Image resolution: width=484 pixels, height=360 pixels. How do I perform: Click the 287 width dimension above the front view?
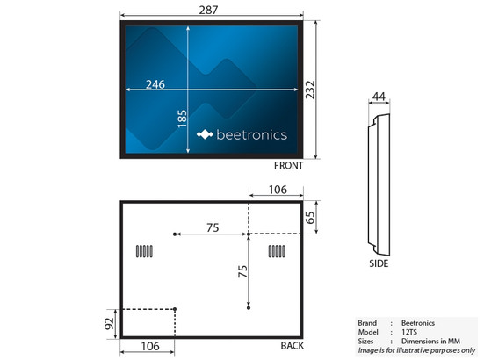click(209, 9)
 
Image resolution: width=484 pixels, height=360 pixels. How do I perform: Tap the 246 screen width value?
click(155, 84)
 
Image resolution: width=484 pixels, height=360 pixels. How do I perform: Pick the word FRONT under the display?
click(288, 165)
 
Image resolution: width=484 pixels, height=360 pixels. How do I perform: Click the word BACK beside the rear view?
click(293, 346)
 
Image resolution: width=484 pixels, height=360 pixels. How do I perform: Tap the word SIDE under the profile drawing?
click(379, 262)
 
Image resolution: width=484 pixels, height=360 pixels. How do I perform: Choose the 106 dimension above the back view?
click(277, 189)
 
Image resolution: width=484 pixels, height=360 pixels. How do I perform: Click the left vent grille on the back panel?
click(144, 251)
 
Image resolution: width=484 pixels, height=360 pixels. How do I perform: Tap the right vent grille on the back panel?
click(277, 251)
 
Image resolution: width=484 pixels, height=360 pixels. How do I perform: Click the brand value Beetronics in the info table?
click(417, 323)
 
